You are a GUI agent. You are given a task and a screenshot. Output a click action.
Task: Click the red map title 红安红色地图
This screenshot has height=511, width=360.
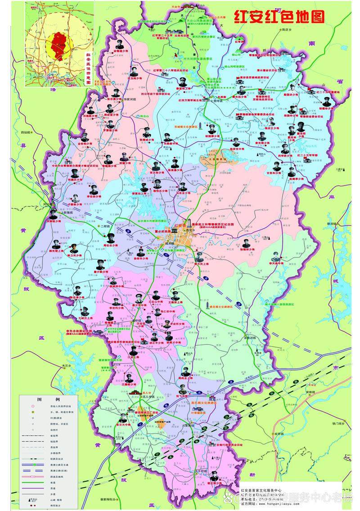click(x=279, y=17)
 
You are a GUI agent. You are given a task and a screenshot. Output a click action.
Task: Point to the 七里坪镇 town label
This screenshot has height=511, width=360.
click(x=219, y=101)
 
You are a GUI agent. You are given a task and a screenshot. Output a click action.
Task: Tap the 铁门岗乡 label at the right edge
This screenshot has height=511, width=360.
click(x=338, y=424)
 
